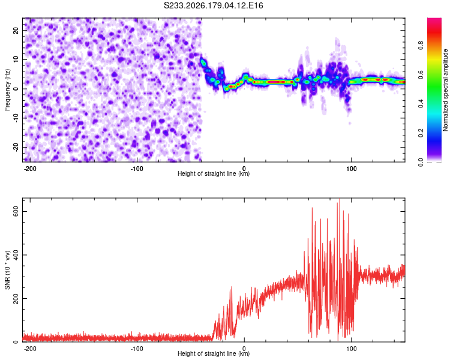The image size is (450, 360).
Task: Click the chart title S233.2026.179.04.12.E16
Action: [x=213, y=5]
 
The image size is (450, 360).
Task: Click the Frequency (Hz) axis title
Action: [x=7, y=90]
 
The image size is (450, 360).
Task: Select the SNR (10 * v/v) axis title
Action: [x=7, y=270]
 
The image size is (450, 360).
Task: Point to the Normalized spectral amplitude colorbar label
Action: [x=445, y=90]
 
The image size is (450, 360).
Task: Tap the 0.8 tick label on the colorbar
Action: [x=421, y=46]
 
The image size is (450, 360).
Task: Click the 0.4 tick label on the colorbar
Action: [x=421, y=104]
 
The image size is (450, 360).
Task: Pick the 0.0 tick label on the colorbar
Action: [x=421, y=162]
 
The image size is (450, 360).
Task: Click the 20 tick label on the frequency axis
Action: [x=16, y=30]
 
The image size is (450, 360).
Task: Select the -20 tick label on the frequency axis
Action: [x=16, y=147]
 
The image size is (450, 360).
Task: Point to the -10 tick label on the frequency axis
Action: [x=16, y=118]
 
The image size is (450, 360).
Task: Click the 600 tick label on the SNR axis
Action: [x=16, y=211]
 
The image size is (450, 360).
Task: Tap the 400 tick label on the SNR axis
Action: [x=16, y=255]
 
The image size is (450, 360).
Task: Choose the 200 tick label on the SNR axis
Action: [x=16, y=299]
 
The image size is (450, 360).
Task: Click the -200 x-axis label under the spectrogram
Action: [x=29, y=169]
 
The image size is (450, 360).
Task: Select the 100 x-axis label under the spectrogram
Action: [x=351, y=169]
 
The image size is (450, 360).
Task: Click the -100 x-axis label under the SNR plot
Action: [x=137, y=349]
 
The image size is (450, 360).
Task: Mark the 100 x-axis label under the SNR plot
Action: [x=351, y=349]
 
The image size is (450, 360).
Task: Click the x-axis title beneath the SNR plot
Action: [x=214, y=353]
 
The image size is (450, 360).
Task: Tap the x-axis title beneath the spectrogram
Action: [x=214, y=173]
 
